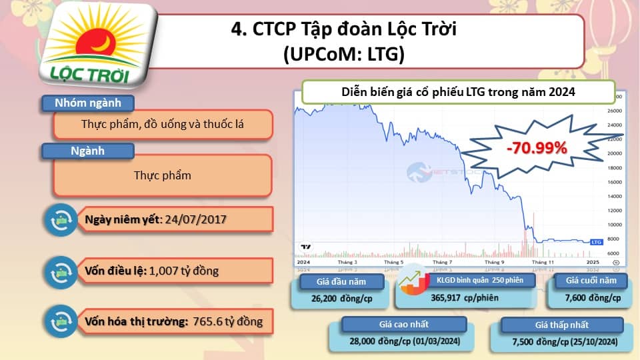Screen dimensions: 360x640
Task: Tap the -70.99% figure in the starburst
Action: [x=536, y=147]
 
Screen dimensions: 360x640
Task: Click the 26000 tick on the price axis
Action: [x=615, y=111]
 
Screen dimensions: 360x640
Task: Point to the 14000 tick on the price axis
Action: [x=615, y=197]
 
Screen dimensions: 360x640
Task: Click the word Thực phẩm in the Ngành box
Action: [x=162, y=175]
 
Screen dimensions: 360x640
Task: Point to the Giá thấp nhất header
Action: [x=562, y=325]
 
